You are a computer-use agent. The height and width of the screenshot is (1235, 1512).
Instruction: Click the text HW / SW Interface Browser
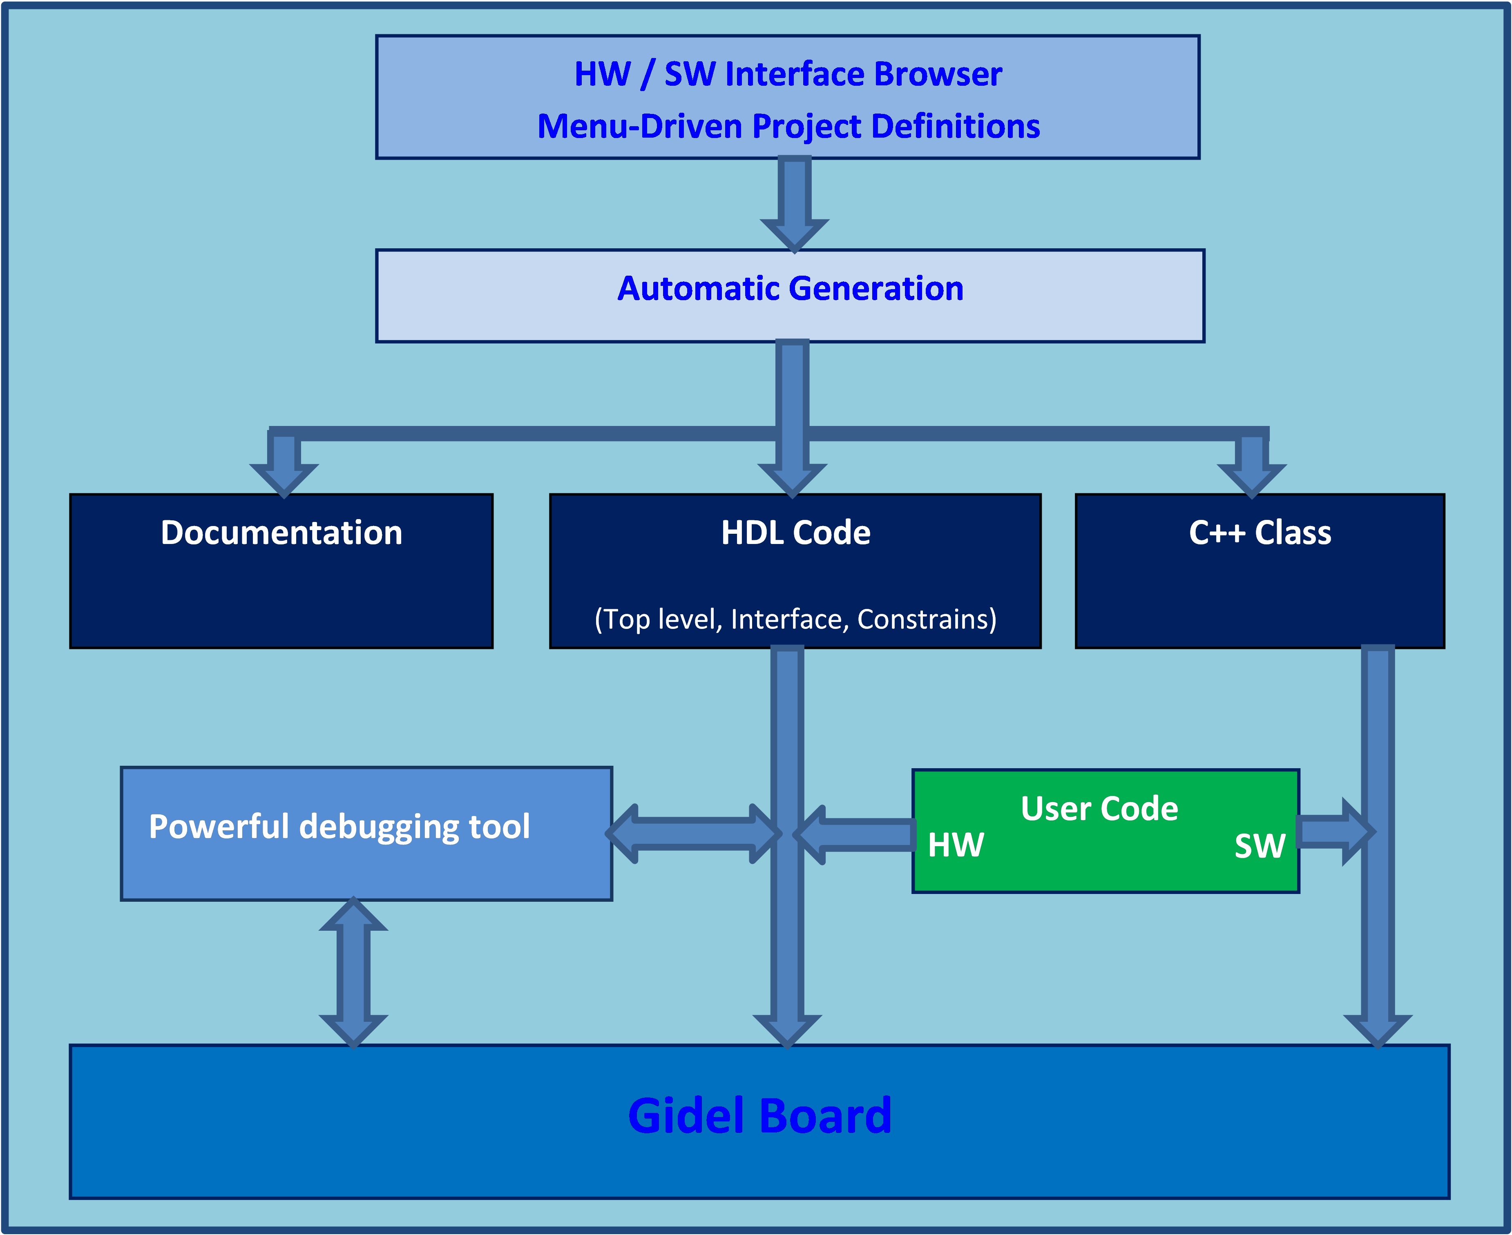(788, 74)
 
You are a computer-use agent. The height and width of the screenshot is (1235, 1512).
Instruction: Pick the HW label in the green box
(956, 845)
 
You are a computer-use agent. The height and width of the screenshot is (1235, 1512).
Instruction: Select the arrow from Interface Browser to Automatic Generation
(794, 203)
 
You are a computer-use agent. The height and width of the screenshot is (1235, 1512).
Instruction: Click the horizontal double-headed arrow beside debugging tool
(694, 834)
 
